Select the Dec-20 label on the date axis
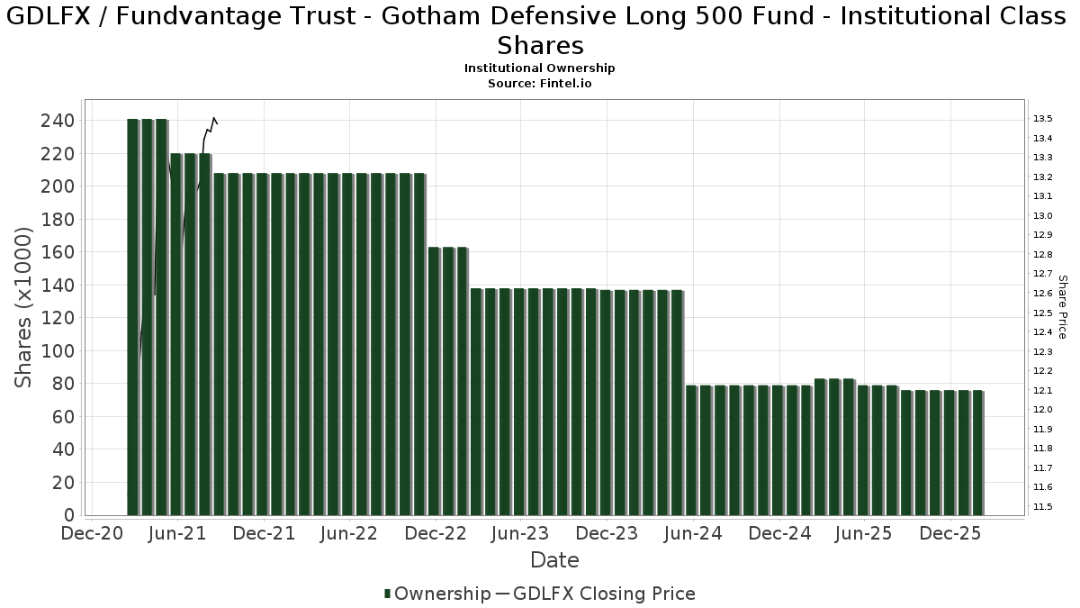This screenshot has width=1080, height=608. pyautogui.click(x=92, y=534)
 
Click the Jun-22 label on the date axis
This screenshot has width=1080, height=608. pyautogui.click(x=349, y=534)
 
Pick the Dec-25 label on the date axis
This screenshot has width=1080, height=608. pyautogui.click(x=950, y=534)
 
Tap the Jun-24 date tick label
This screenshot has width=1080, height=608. pyautogui.click(x=693, y=534)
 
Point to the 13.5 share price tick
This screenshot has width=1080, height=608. pyautogui.click(x=1042, y=119)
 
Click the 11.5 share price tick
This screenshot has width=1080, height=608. pyautogui.click(x=1042, y=507)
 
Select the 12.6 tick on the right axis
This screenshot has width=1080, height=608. pyautogui.click(x=1042, y=294)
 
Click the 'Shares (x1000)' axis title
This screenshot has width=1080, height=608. pyautogui.click(x=24, y=307)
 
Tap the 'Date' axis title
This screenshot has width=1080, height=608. pyautogui.click(x=554, y=560)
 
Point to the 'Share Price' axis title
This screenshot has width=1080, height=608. pyautogui.click(x=1062, y=307)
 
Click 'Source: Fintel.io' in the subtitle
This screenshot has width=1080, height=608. pyautogui.click(x=540, y=83)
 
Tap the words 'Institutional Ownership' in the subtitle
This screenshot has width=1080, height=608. pyautogui.click(x=540, y=68)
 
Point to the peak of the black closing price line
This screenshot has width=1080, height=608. pyautogui.click(x=213, y=118)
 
